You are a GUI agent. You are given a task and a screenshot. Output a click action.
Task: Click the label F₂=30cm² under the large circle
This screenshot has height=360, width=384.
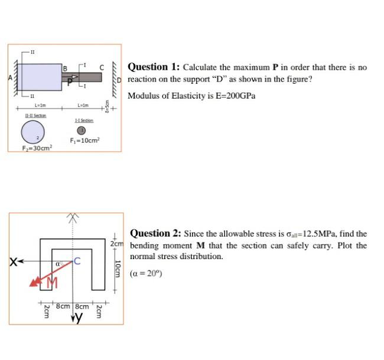click(37, 148)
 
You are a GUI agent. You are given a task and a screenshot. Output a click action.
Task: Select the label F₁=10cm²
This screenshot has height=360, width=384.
click(84, 140)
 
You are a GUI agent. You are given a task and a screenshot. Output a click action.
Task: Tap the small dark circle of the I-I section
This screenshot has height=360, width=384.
click(82, 130)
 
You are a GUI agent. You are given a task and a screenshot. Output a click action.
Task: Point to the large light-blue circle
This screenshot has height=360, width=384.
click(33, 132)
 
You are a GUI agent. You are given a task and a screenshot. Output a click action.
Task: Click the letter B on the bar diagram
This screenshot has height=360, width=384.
click(65, 68)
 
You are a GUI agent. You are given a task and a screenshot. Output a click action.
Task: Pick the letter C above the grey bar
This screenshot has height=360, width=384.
click(102, 67)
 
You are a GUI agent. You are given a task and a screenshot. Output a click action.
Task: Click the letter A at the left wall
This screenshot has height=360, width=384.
click(10, 78)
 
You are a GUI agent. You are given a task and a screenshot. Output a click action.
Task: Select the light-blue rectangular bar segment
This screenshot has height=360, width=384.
click(40, 77)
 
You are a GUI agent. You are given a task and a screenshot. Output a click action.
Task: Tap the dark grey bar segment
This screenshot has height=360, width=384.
click(82, 77)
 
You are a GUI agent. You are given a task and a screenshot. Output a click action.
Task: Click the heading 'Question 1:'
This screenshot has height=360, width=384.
click(154, 67)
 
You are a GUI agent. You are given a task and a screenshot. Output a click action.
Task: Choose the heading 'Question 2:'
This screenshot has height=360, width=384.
click(155, 233)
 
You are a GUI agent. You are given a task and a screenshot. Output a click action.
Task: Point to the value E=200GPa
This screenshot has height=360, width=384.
click(235, 96)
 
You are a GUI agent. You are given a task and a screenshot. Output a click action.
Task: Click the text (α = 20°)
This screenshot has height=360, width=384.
click(146, 273)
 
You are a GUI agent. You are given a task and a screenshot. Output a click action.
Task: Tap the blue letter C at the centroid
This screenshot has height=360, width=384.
click(77, 261)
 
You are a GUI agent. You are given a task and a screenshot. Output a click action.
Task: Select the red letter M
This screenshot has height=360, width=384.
click(53, 283)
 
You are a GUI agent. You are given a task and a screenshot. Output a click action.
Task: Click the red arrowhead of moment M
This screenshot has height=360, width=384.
click(34, 282)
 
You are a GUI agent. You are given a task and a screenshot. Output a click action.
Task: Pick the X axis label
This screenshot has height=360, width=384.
click(13, 262)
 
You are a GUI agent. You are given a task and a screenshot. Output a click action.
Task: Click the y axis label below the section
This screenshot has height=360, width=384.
click(79, 317)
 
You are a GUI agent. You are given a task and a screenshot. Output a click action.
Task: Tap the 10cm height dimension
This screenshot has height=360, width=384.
click(118, 269)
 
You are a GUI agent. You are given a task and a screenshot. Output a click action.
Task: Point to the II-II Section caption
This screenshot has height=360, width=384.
click(36, 115)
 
